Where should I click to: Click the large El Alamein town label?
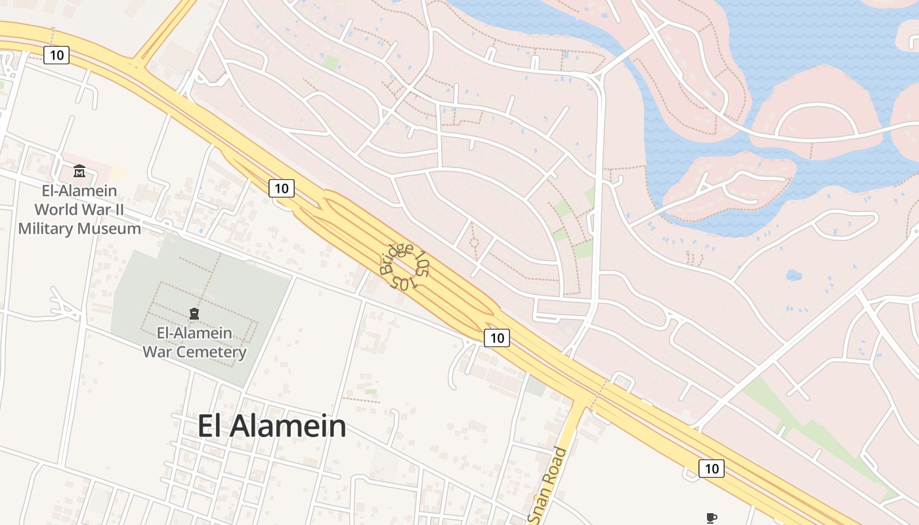[x=272, y=427]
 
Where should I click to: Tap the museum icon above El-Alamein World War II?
[x=79, y=171]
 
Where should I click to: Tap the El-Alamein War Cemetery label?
[x=194, y=342]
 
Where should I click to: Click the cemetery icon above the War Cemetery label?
[x=194, y=314]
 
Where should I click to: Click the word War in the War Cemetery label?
[x=158, y=352]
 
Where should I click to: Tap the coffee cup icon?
[x=711, y=518]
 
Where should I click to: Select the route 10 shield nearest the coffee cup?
[x=712, y=469]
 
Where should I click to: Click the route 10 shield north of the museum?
[x=57, y=54]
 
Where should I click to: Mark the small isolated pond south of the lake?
[x=794, y=275]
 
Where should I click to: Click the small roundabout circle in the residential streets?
[x=474, y=243]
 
